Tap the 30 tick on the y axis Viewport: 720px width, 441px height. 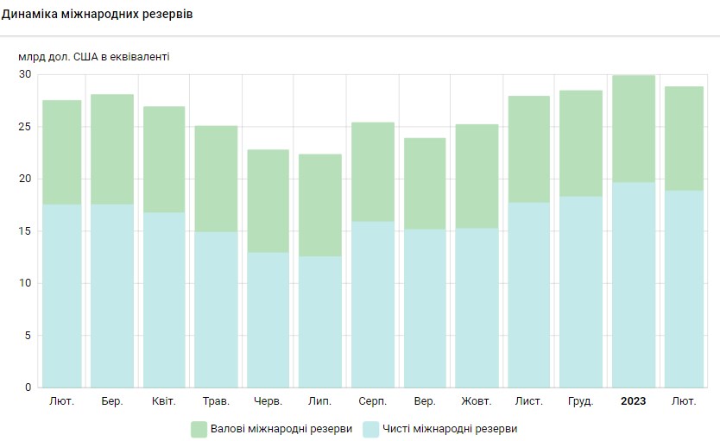coord(24,74)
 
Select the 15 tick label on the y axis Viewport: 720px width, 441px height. coord(24,231)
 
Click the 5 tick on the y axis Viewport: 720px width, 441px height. coord(28,336)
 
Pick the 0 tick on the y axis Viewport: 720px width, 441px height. coord(28,387)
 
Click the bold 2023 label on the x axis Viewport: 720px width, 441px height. coord(633,401)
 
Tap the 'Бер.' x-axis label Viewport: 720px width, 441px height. coord(112,401)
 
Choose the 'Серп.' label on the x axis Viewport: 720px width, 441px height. coord(372,401)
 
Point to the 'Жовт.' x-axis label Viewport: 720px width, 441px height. coord(477,401)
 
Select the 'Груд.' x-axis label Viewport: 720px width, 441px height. coord(580,401)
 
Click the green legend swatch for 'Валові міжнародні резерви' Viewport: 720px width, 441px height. coord(199,429)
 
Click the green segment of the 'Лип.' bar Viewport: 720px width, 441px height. coord(320,205)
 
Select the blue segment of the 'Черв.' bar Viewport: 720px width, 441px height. coord(268,319)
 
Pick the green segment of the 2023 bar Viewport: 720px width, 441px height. coord(633,129)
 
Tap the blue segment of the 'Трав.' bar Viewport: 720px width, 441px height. coord(216,309)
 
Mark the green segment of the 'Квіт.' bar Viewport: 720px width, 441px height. coord(164,160)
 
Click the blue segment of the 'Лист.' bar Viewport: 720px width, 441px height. coord(528,294)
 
